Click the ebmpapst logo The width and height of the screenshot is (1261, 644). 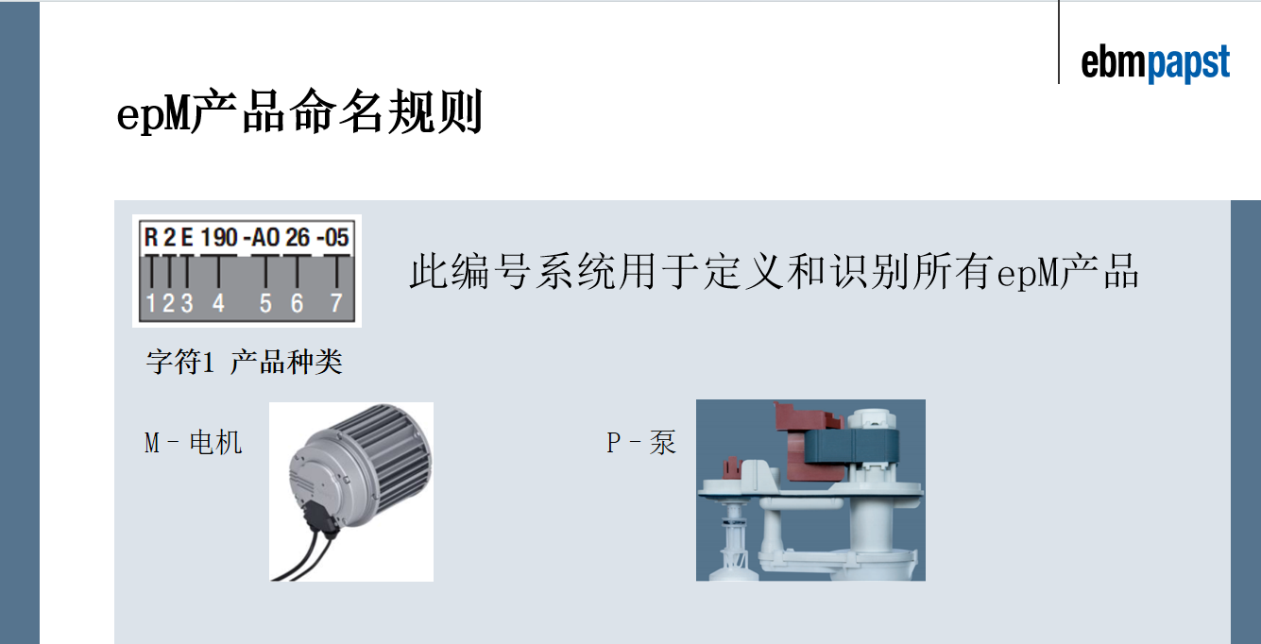click(x=1155, y=63)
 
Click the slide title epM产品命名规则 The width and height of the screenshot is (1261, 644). click(x=299, y=111)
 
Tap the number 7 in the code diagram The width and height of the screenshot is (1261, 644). click(x=336, y=303)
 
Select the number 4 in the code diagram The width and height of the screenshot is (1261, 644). click(x=218, y=303)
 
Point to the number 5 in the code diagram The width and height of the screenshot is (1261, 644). click(x=265, y=303)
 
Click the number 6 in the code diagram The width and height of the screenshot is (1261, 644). click(x=298, y=303)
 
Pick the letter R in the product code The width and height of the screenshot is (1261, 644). click(x=151, y=237)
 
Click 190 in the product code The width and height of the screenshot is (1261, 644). click(x=219, y=237)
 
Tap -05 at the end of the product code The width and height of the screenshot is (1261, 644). click(x=332, y=237)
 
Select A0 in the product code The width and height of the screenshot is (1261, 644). click(x=265, y=237)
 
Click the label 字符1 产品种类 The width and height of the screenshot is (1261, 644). click(x=245, y=362)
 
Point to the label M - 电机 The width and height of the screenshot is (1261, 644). click(x=194, y=443)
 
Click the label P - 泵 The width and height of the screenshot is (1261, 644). click(x=641, y=443)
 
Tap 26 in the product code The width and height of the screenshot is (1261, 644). click(x=298, y=237)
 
